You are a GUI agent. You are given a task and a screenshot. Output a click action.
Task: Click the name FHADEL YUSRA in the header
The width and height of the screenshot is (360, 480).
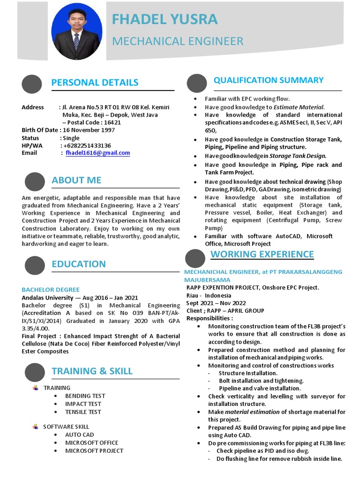pos(165,19)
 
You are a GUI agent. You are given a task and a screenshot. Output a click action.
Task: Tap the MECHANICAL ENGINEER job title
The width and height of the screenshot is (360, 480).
pos(178,41)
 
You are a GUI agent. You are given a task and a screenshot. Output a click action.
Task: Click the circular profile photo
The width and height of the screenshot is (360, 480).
pos(76,35)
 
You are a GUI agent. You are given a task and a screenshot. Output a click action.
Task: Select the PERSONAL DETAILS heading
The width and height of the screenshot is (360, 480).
pos(95,82)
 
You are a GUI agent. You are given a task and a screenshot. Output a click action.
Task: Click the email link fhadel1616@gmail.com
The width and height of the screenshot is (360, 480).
pos(97,153)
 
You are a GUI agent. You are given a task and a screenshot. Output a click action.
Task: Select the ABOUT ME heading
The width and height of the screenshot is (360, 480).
pos(76,180)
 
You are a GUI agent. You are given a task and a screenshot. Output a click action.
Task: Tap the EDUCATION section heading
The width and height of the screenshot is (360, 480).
pos(79,264)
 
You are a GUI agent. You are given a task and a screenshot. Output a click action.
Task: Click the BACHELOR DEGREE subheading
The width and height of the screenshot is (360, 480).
pos(51,290)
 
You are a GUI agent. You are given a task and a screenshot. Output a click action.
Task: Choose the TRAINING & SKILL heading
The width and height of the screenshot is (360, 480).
pos(92,371)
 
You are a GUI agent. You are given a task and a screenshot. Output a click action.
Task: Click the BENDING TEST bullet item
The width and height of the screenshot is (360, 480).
pos(85,396)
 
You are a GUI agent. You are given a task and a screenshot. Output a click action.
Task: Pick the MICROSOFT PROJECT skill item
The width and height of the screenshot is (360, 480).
pos(94,450)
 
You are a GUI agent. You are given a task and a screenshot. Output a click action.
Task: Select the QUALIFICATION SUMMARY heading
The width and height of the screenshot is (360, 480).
pos(269,80)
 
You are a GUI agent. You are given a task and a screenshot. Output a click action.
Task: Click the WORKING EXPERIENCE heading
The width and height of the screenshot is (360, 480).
pos(262,254)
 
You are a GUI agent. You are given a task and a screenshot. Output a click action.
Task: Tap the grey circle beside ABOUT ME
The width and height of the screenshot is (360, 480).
pos(35,182)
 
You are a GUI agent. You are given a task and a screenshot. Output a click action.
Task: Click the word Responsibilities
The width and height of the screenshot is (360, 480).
pos(209,318)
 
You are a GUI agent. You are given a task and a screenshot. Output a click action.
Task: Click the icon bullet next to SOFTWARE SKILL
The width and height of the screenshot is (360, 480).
pos(36,427)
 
